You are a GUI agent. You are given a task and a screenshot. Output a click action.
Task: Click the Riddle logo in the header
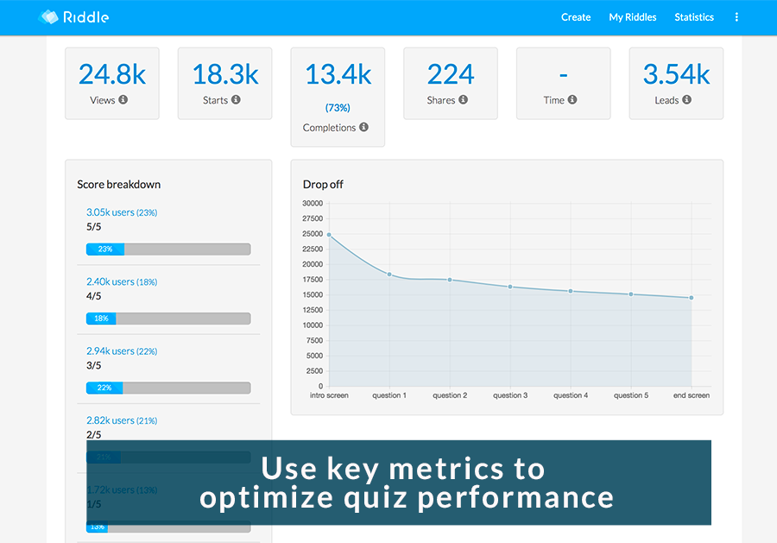[x=74, y=17]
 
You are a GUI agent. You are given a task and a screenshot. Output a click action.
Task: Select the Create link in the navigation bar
[x=576, y=17]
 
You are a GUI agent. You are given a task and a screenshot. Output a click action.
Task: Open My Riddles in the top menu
[x=632, y=17]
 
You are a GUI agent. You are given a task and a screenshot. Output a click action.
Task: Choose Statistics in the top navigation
[x=694, y=17]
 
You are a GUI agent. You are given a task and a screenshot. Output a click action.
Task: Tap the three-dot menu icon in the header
[x=736, y=17]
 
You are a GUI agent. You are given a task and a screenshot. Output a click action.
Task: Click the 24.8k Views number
[x=112, y=74]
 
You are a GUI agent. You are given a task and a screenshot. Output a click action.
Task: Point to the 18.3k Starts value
[x=224, y=74]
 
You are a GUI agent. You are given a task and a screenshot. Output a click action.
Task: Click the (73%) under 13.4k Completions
[x=338, y=108]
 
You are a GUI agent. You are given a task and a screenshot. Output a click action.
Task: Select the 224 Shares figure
[x=451, y=74]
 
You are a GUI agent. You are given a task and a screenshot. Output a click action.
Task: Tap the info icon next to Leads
[x=687, y=100]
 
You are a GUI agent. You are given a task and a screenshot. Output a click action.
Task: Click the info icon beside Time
[x=573, y=100]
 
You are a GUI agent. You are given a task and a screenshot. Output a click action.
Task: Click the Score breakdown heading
[x=118, y=184]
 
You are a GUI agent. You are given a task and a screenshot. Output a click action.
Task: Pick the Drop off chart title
[x=323, y=184]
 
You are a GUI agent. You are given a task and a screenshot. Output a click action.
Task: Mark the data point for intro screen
[x=329, y=235]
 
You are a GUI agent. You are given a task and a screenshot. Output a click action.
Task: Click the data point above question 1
[x=389, y=275]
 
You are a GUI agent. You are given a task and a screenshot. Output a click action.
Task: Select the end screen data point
[x=692, y=298]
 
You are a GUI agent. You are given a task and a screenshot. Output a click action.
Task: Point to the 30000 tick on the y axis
[x=312, y=204]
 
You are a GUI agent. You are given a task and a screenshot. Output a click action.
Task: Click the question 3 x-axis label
[x=510, y=395]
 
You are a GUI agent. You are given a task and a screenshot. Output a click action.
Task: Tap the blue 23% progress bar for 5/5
[x=105, y=249]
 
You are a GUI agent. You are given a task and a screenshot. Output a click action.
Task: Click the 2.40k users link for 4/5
[x=111, y=281]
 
